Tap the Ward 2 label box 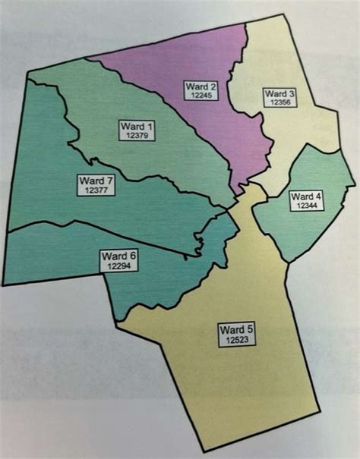[201, 91]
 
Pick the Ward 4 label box [307, 200]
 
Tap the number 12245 [201, 96]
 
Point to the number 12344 [307, 206]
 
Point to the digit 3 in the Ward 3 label [292, 93]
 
